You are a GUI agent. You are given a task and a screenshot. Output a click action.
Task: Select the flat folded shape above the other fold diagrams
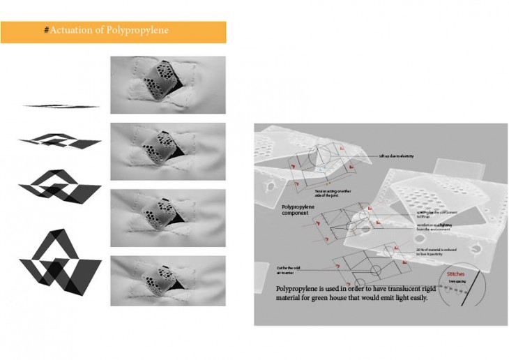point(61,106)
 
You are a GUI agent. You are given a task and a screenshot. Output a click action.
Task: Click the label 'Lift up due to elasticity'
point(397,156)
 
